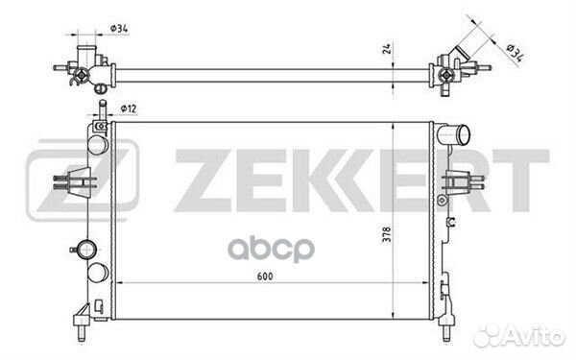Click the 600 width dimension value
(265, 276)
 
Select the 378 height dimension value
(387, 234)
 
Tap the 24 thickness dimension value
(387, 49)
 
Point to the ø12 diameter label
(129, 108)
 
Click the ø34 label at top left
(119, 28)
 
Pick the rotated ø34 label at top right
(515, 53)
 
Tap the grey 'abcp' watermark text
(271, 250)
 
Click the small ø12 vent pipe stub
(103, 109)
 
